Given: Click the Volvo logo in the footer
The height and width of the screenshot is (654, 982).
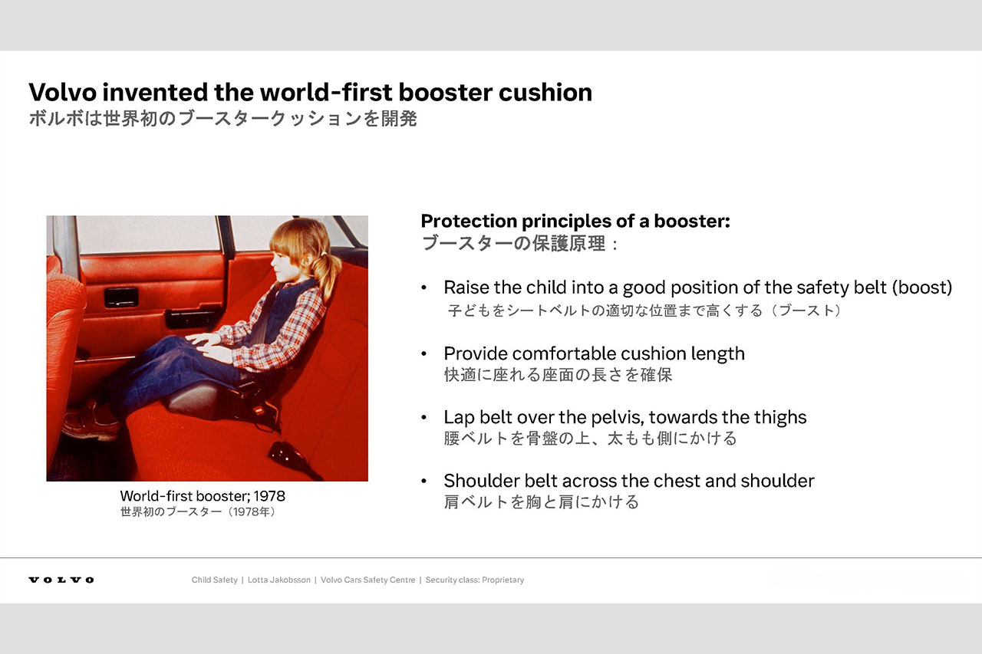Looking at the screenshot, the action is pyautogui.click(x=61, y=580).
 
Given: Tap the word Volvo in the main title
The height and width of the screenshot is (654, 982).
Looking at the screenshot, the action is pyautogui.click(x=63, y=93).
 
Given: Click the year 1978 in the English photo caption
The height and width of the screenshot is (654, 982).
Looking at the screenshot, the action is pyautogui.click(x=269, y=496).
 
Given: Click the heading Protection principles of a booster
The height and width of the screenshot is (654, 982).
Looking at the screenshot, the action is pyautogui.click(x=575, y=222).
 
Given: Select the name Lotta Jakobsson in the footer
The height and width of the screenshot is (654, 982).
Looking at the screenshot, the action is pyautogui.click(x=278, y=580).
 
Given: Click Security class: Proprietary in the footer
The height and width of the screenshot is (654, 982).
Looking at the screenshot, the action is pyautogui.click(x=475, y=580).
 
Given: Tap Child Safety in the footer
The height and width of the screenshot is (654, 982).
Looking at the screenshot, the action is pyautogui.click(x=214, y=580).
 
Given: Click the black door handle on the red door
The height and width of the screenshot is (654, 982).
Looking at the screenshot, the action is pyautogui.click(x=121, y=297).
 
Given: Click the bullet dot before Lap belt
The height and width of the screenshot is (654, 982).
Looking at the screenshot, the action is pyautogui.click(x=423, y=417).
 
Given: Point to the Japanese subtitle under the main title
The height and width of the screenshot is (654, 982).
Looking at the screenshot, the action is pyautogui.click(x=223, y=119).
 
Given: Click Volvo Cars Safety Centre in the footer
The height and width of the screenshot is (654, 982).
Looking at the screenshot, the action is pyautogui.click(x=367, y=580).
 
